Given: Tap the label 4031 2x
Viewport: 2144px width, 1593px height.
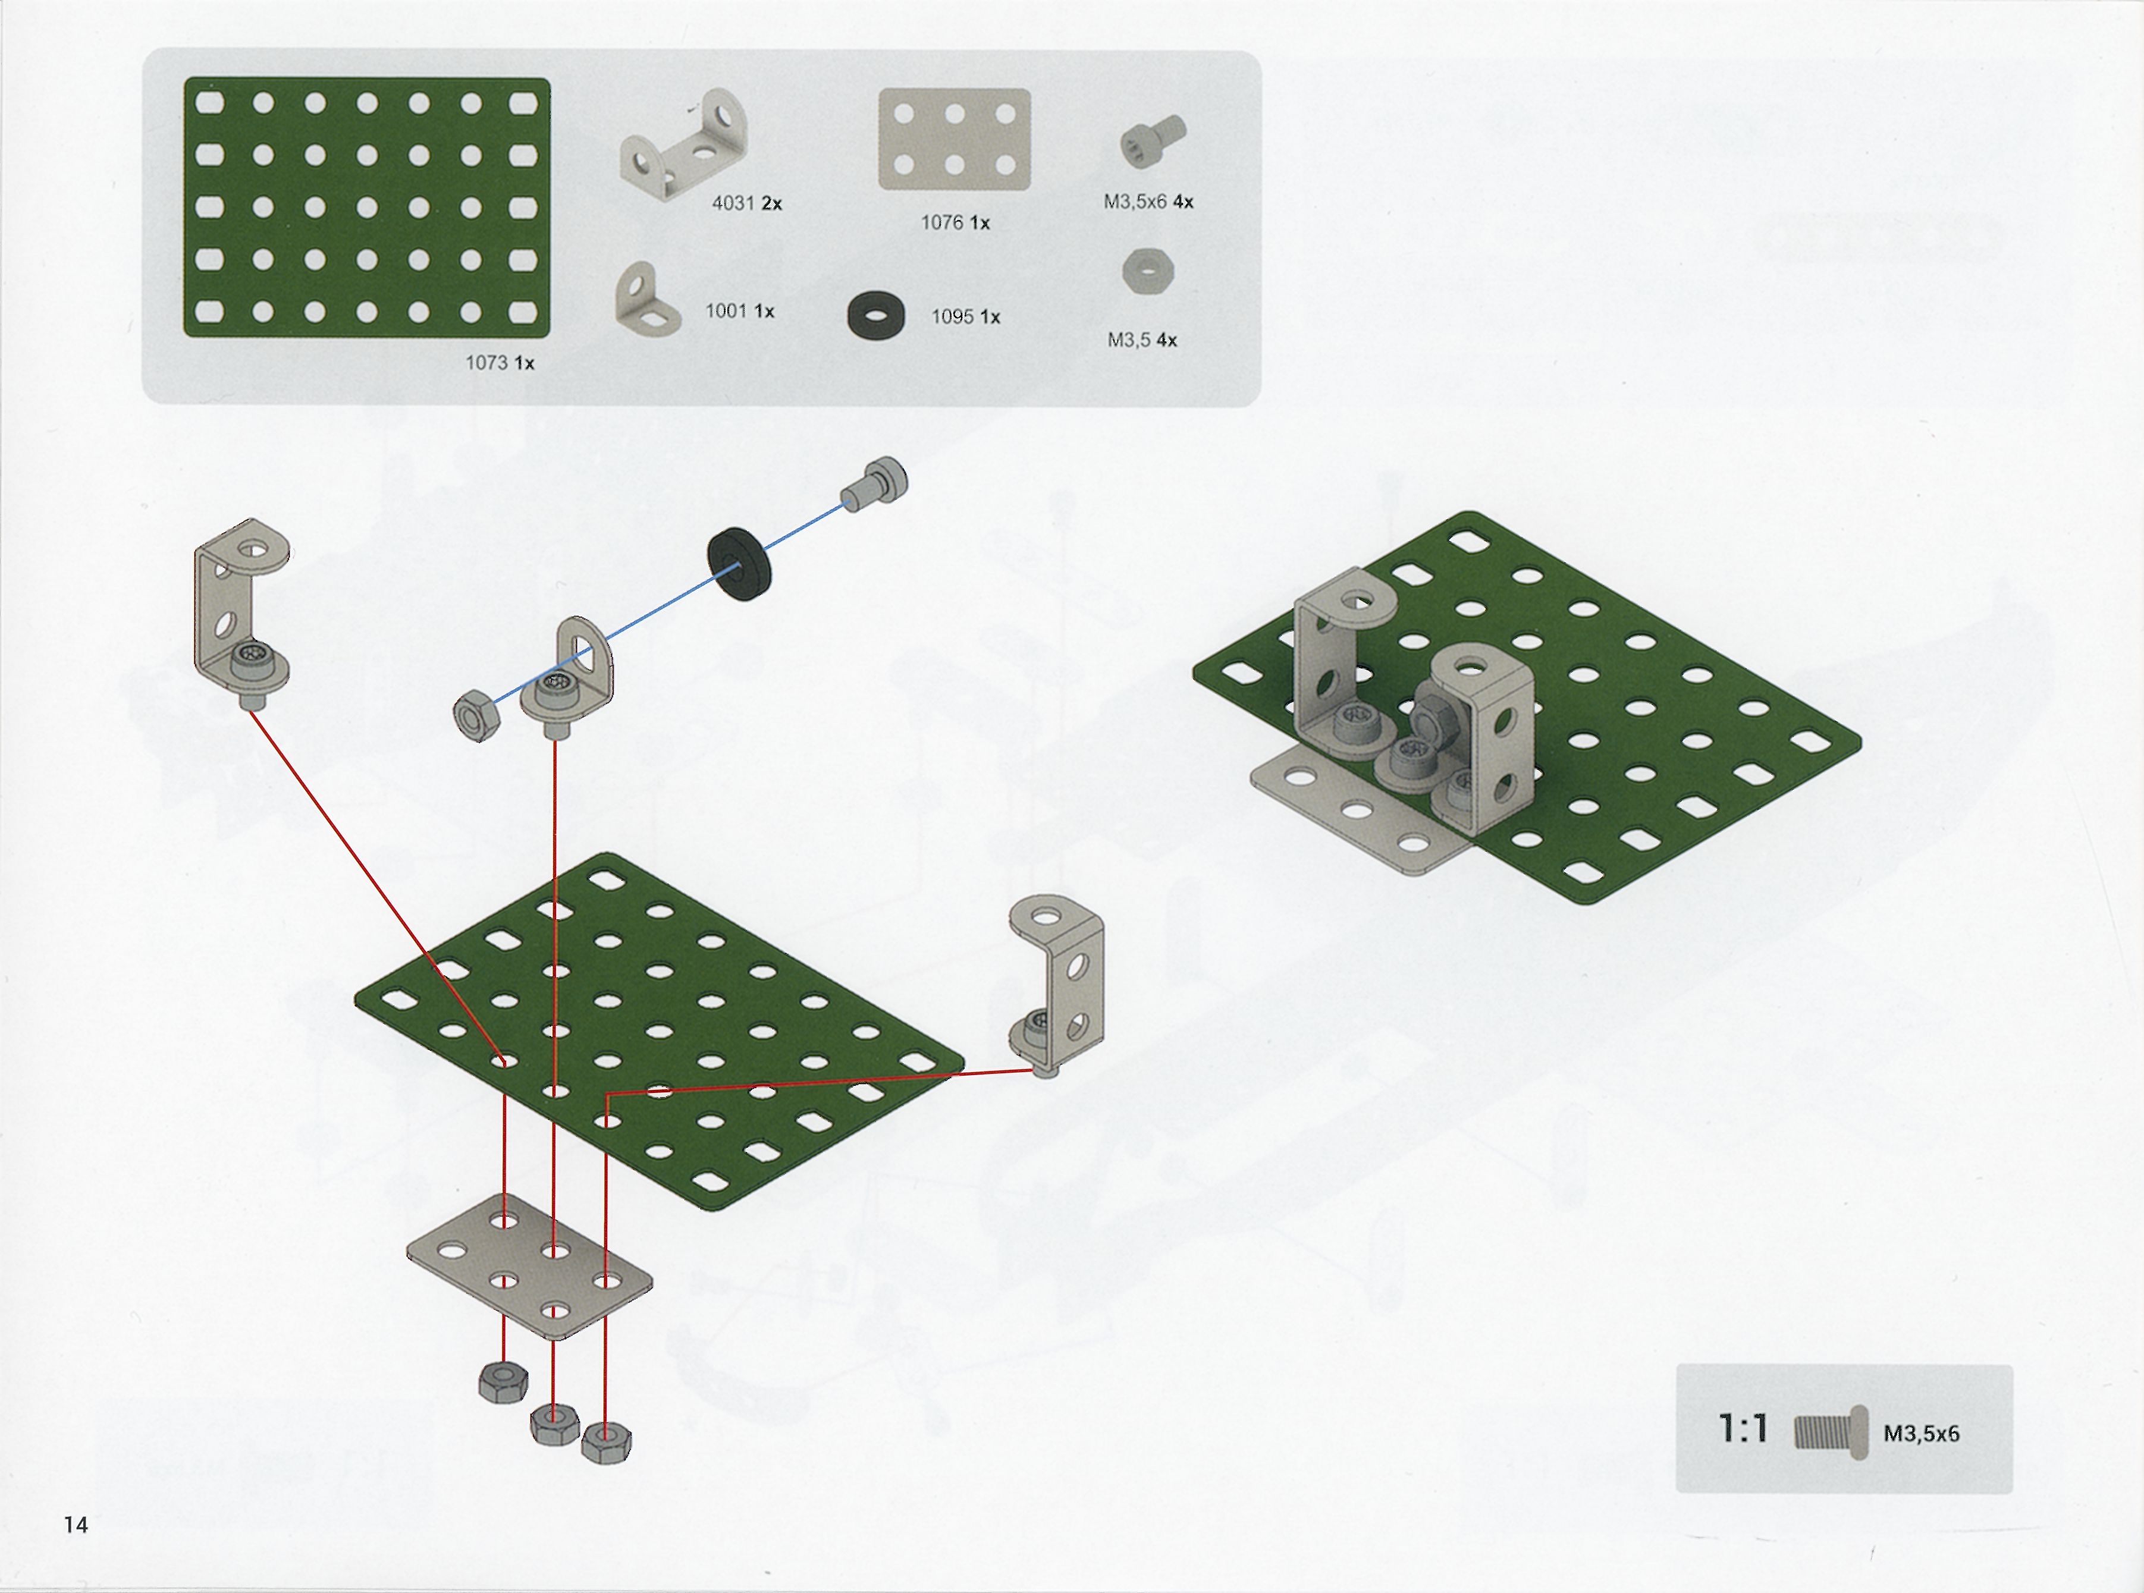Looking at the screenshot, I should coord(746,203).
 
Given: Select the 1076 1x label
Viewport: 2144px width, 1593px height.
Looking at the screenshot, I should coord(955,223).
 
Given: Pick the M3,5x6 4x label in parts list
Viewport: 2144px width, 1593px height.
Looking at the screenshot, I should coord(1148,202).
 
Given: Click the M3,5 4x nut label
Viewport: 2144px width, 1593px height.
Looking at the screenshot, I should coord(1142,340).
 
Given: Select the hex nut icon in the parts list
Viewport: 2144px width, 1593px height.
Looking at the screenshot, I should coord(1148,271).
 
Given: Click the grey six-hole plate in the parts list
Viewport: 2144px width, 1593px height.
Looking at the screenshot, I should coord(954,140).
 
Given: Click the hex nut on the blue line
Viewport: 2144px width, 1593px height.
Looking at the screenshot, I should coord(475,715).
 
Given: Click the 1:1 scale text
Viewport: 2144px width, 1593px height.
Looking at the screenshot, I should coord(1744,1429).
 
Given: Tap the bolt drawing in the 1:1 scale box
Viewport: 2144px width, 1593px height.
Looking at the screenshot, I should coord(1831,1432).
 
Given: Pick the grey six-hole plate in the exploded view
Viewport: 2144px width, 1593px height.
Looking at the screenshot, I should coord(529,1266).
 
